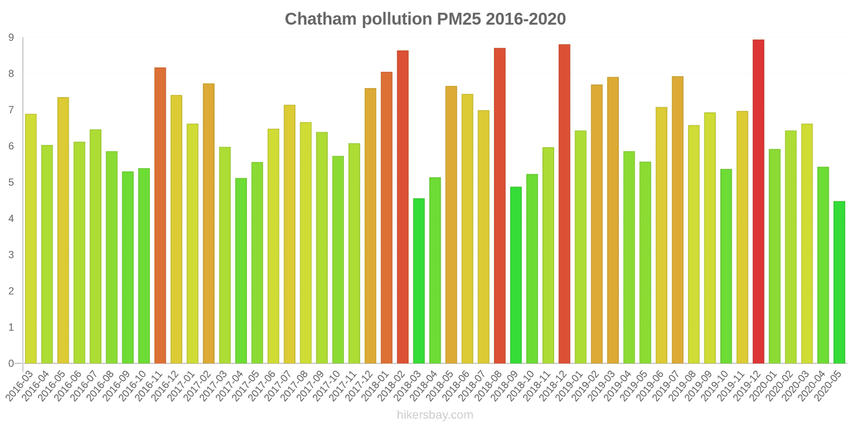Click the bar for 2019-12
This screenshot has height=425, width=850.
(x=758, y=202)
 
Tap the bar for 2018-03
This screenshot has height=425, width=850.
(x=419, y=281)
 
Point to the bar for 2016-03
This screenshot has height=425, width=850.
(x=31, y=239)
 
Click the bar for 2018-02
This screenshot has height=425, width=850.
(x=403, y=207)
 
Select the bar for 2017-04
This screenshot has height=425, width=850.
(x=241, y=271)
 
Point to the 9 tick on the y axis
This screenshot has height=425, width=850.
(x=11, y=38)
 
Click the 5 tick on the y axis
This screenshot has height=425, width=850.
(x=11, y=183)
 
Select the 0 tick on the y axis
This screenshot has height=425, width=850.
(x=11, y=364)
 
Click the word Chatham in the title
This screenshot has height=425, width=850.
(x=321, y=19)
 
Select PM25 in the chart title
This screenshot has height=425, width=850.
(x=459, y=19)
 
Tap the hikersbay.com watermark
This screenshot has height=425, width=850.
(x=435, y=415)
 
